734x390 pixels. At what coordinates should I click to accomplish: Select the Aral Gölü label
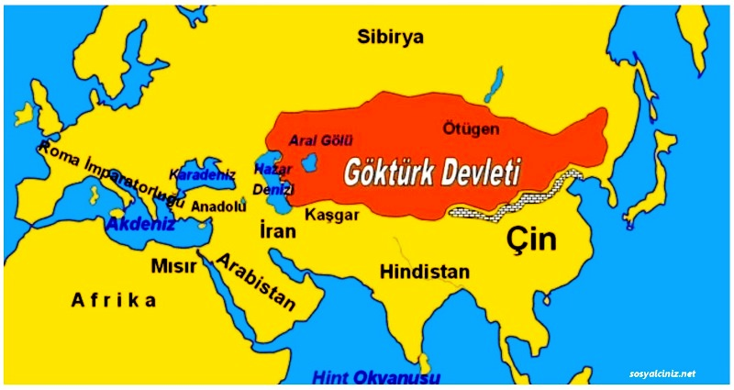[x=320, y=139]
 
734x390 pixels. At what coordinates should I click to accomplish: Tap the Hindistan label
[x=425, y=273]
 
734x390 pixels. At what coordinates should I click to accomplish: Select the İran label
[x=277, y=230]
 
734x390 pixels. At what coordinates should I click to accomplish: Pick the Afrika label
[x=115, y=300]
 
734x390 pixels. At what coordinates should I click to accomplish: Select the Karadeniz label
[x=203, y=173]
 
